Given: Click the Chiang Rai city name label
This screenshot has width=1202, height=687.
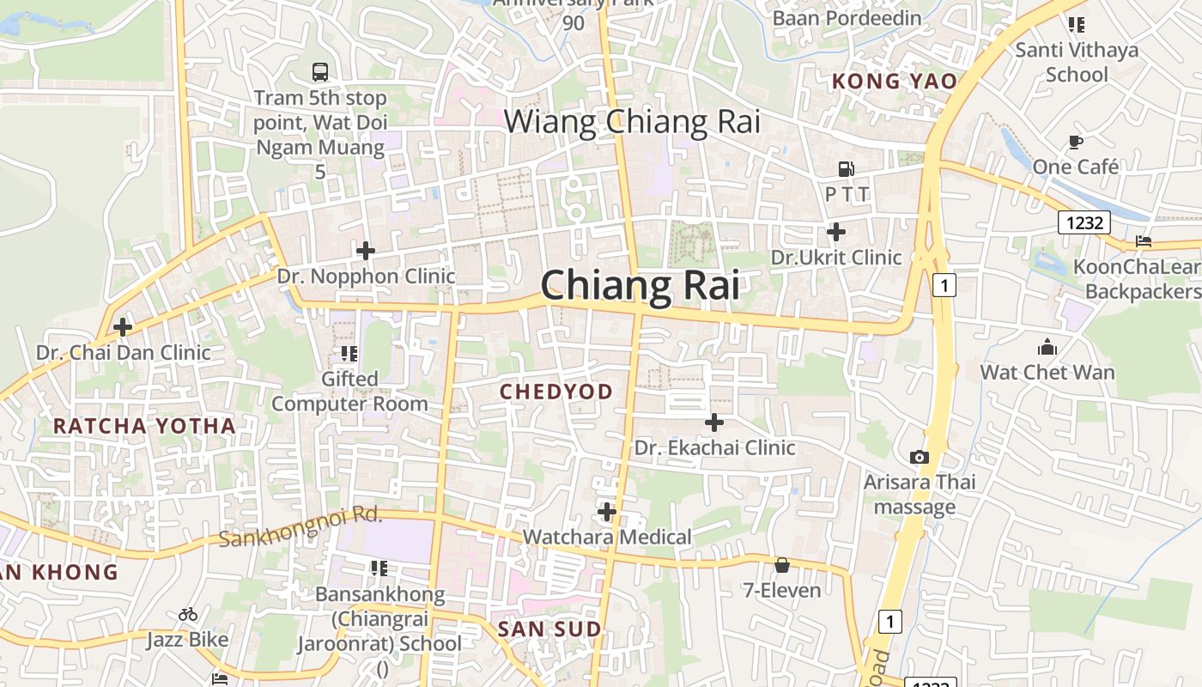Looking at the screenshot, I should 640,285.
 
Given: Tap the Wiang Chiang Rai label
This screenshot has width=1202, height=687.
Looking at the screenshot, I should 632,122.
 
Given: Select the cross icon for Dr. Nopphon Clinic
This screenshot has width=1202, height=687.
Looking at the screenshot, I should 366,251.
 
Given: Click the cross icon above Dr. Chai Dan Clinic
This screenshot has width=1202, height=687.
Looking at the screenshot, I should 123,327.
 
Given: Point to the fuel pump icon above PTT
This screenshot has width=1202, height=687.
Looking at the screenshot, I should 847,169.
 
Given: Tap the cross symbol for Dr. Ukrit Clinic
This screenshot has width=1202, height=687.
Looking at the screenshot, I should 835,232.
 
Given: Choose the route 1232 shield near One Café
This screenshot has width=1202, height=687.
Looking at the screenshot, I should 1084,223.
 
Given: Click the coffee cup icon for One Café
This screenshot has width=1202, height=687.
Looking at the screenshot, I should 1075,142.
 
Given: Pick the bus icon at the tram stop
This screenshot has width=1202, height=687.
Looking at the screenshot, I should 320,72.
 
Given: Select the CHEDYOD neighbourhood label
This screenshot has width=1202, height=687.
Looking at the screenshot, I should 556,392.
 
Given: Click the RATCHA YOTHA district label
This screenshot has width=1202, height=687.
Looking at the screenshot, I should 144,426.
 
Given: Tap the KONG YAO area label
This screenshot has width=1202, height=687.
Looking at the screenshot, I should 894,82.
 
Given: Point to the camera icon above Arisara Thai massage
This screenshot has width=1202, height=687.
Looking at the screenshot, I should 920,457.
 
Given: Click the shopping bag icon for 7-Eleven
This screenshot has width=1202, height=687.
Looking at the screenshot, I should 781,565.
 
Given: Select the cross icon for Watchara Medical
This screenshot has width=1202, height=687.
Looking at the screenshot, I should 607,513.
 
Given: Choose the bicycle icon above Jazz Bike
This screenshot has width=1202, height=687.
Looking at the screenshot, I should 188,614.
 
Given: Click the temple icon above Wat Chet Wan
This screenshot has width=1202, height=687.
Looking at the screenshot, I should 1047,348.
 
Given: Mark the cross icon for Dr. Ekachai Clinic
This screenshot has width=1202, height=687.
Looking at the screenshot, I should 713,423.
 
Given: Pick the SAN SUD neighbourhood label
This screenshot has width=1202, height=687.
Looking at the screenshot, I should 549,629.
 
